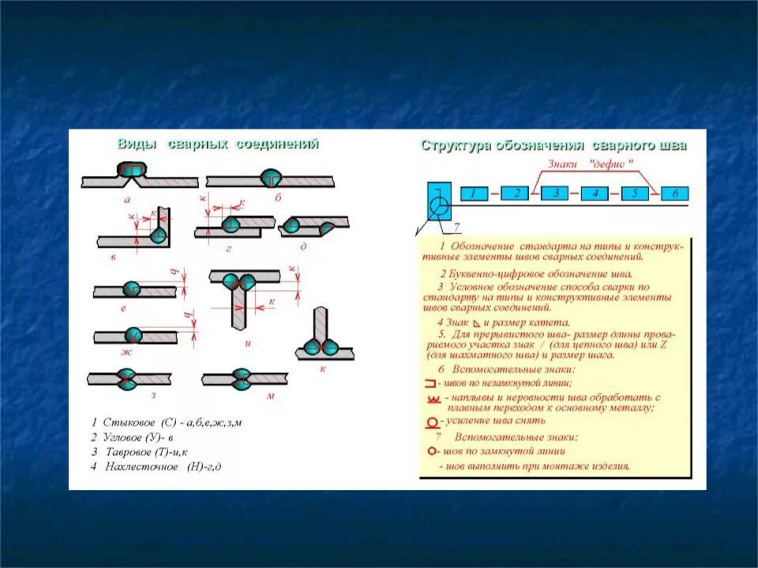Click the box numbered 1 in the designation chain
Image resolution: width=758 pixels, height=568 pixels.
click(473, 193)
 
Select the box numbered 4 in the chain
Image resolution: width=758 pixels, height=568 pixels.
click(595, 193)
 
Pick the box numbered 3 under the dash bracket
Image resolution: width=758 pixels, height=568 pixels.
click(555, 193)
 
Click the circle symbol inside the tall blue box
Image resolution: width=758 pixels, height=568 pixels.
click(438, 207)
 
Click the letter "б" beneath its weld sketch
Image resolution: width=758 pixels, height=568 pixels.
click(278, 198)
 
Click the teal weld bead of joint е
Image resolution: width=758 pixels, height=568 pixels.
click(132, 289)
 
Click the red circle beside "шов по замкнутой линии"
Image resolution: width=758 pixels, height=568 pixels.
click(432, 452)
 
